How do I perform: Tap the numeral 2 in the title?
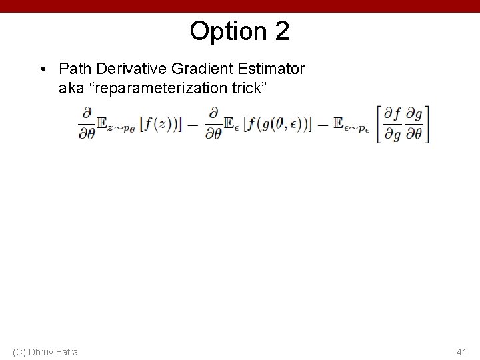(281, 31)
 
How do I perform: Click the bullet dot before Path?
(43, 69)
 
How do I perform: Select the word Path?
(74, 69)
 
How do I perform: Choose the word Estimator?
(271, 69)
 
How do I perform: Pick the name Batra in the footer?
(67, 351)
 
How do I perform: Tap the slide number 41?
(461, 351)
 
